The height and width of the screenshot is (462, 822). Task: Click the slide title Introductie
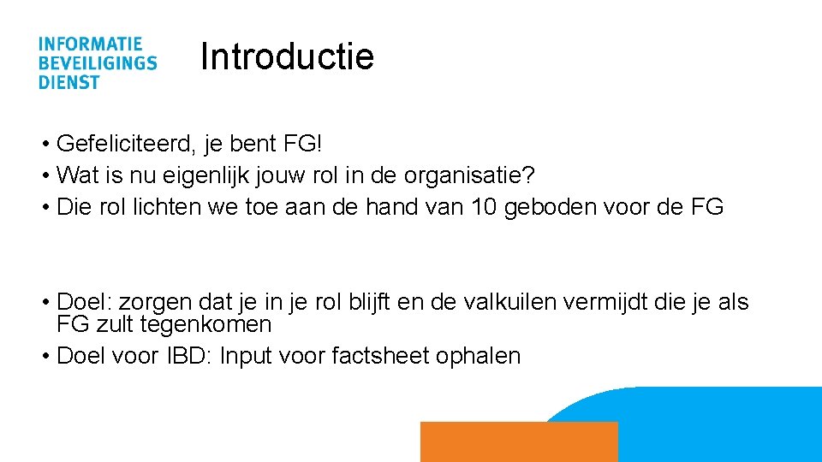[x=287, y=57]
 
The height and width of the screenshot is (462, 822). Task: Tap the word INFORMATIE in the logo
[x=90, y=44]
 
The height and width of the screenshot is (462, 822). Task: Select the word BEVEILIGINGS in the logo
[x=97, y=62]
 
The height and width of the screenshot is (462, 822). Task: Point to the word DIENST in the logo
[x=68, y=82]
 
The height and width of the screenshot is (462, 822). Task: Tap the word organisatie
[x=462, y=176]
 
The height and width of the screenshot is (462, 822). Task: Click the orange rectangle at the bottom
[x=518, y=441]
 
